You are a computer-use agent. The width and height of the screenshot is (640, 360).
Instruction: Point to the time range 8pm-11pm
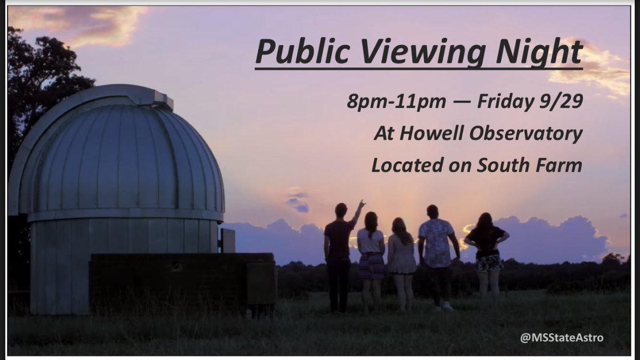pyautogui.click(x=396, y=101)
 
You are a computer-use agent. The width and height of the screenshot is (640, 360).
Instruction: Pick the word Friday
pyautogui.click(x=502, y=101)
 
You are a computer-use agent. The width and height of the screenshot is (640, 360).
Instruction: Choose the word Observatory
pyautogui.click(x=525, y=134)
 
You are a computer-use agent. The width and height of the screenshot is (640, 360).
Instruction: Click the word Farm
pyautogui.click(x=558, y=165)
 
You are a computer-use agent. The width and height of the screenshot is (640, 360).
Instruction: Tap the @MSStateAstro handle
pyautogui.click(x=562, y=337)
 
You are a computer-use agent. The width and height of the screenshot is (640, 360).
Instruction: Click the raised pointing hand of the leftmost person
pyautogui.click(x=362, y=204)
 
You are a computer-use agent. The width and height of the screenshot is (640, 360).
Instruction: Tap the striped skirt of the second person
pyautogui.click(x=371, y=265)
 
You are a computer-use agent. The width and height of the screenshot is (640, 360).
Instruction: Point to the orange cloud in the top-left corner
pyautogui.click(x=91, y=24)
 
